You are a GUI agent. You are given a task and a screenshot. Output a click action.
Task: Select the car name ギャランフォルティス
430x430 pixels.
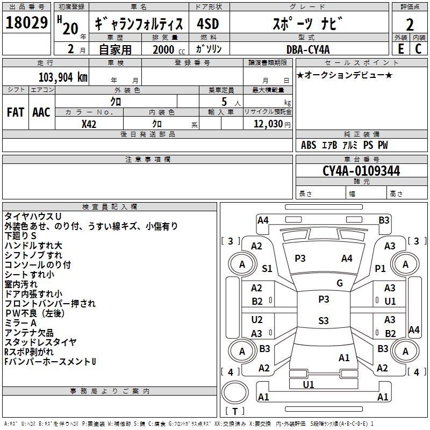pyautogui.click(x=139, y=24)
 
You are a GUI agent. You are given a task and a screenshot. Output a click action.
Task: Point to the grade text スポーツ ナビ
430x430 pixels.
pyautogui.click(x=307, y=24)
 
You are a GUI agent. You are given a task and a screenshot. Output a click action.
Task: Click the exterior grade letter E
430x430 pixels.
pyautogui.click(x=400, y=48)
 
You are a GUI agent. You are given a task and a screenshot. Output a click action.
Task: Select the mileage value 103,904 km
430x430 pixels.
pyautogui.click(x=63, y=77)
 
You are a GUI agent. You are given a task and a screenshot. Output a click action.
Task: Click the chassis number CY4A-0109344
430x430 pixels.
pyautogui.click(x=361, y=171)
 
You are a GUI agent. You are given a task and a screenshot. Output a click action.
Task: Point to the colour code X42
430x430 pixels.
pyautogui.click(x=89, y=124)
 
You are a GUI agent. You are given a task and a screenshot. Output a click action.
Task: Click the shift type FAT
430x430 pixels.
pyautogui.click(x=16, y=112)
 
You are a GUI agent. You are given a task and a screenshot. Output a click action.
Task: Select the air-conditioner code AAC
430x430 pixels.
pyautogui.click(x=41, y=112)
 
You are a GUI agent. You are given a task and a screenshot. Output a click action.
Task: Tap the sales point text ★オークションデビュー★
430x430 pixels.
pyautogui.click(x=345, y=75)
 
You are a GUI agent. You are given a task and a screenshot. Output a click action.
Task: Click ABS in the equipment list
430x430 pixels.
pyautogui.click(x=309, y=145)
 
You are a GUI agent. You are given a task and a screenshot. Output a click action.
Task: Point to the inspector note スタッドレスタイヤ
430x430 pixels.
pyautogui.click(x=40, y=342)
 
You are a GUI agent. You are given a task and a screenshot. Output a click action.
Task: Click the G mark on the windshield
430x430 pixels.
pyautogui.click(x=340, y=283)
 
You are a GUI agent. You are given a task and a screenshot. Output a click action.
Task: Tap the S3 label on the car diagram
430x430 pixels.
pyautogui.click(x=323, y=321)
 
